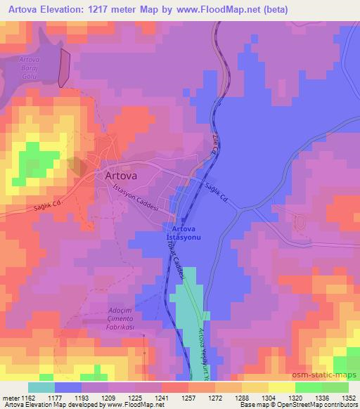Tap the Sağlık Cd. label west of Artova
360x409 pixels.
[x=46, y=205]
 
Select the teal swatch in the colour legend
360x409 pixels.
[x=41, y=387]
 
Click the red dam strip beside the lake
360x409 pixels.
[x=65, y=68]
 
